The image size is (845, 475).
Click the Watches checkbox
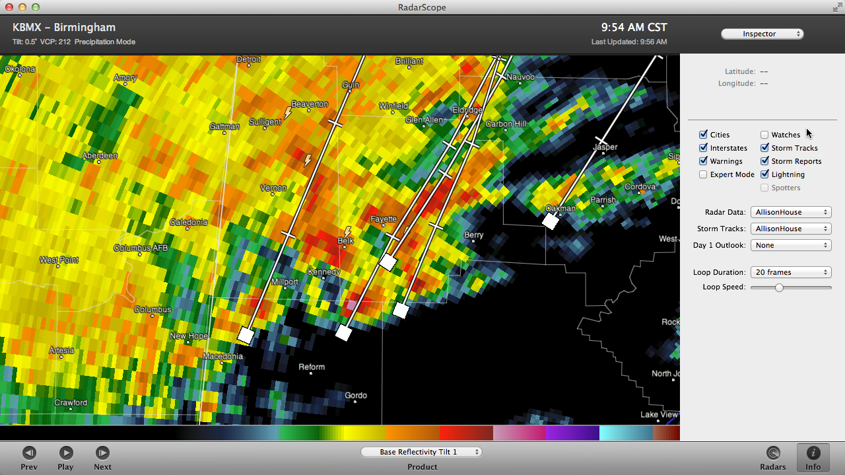pyautogui.click(x=764, y=135)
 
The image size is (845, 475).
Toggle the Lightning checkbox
pyautogui.click(x=764, y=174)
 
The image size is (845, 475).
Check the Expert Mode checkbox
pyautogui.click(x=703, y=174)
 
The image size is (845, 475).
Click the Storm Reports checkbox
pyautogui.click(x=764, y=161)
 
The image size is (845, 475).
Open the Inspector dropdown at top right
pyautogui.click(x=762, y=34)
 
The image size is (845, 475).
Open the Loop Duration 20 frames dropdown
pyautogui.click(x=790, y=272)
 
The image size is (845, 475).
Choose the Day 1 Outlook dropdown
pyautogui.click(x=790, y=245)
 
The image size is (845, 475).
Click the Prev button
pyautogui.click(x=29, y=453)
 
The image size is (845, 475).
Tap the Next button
pyautogui.click(x=102, y=453)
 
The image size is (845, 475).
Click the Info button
pyautogui.click(x=813, y=453)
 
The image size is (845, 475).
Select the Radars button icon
pyautogui.click(x=772, y=453)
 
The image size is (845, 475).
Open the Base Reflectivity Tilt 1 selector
pyautogui.click(x=421, y=452)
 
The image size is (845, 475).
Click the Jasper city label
pyautogui.click(x=605, y=147)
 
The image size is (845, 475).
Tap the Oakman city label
pyautogui.click(x=560, y=208)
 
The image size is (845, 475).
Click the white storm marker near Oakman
pyautogui.click(x=551, y=221)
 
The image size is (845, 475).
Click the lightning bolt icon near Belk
pyautogui.click(x=347, y=232)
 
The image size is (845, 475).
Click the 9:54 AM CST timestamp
pyautogui.click(x=634, y=28)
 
